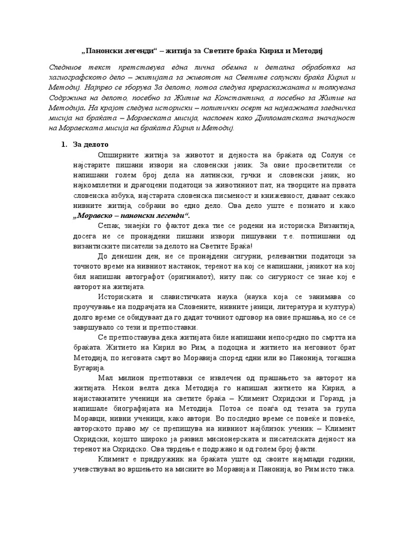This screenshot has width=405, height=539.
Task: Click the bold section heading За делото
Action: tap(91, 145)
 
